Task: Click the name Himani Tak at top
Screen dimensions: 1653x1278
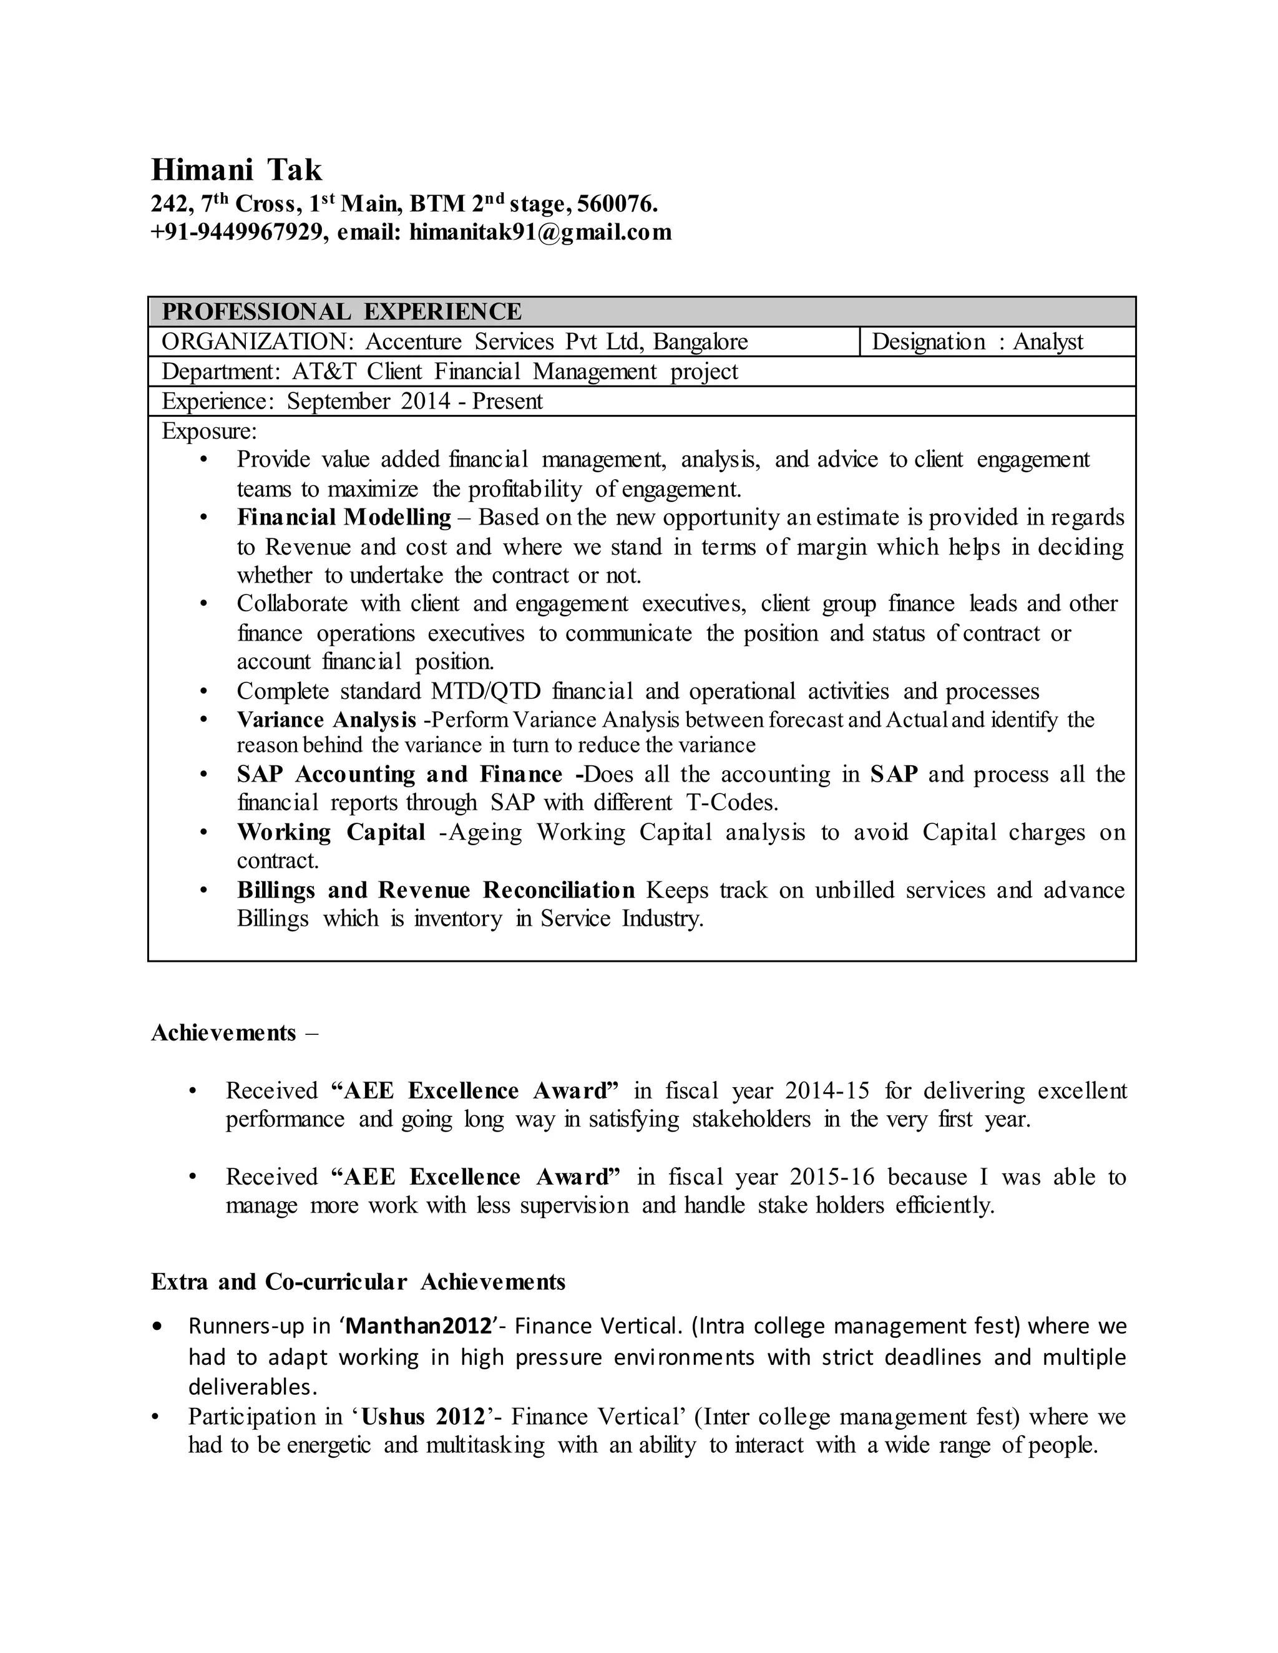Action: [x=237, y=170]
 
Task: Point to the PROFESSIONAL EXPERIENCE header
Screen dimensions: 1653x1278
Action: [x=341, y=312]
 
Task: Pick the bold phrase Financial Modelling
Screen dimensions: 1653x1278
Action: [x=344, y=518]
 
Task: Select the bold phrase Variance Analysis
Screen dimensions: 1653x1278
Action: [x=326, y=720]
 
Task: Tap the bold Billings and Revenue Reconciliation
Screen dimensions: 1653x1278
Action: [x=436, y=890]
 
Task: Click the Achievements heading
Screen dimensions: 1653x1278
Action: [x=223, y=1033]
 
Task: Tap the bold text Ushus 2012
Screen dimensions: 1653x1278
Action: [x=423, y=1417]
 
